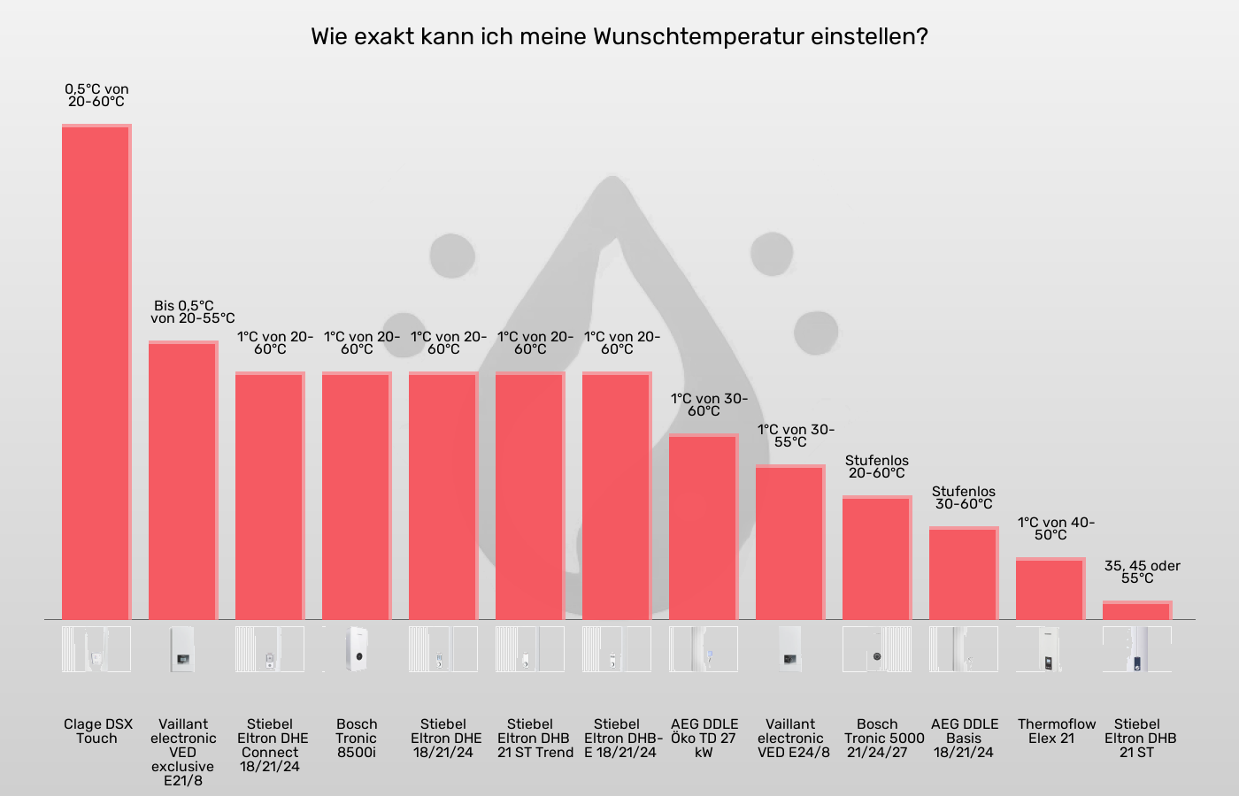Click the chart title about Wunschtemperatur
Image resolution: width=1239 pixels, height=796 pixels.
[619, 37]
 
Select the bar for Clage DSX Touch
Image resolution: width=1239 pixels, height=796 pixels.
[96, 371]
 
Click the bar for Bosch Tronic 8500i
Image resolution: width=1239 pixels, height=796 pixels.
[357, 495]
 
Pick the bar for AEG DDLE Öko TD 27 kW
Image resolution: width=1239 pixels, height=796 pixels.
[704, 526]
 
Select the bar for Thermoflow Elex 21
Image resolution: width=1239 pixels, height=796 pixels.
[1050, 589]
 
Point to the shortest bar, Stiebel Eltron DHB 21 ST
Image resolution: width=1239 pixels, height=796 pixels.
[1137, 610]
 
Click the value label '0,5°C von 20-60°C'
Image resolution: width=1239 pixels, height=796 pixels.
[96, 96]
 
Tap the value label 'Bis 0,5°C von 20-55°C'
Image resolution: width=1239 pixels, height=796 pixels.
[192, 312]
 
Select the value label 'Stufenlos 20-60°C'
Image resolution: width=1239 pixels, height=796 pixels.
[877, 467]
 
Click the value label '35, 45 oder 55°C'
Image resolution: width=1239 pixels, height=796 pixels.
[1142, 572]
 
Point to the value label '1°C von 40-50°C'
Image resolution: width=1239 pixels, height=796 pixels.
[1055, 529]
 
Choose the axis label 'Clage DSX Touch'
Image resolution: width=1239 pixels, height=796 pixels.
[97, 731]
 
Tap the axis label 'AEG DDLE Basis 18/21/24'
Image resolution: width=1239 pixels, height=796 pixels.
[964, 739]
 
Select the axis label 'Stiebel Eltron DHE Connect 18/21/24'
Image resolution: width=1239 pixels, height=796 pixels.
[271, 746]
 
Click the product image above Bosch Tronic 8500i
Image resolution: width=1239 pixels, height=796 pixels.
[357, 649]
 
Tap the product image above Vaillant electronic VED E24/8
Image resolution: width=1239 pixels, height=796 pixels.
[790, 649]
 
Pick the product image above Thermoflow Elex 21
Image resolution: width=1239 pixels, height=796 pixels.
[1050, 649]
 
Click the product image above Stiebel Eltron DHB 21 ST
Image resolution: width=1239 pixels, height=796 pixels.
[1137, 649]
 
